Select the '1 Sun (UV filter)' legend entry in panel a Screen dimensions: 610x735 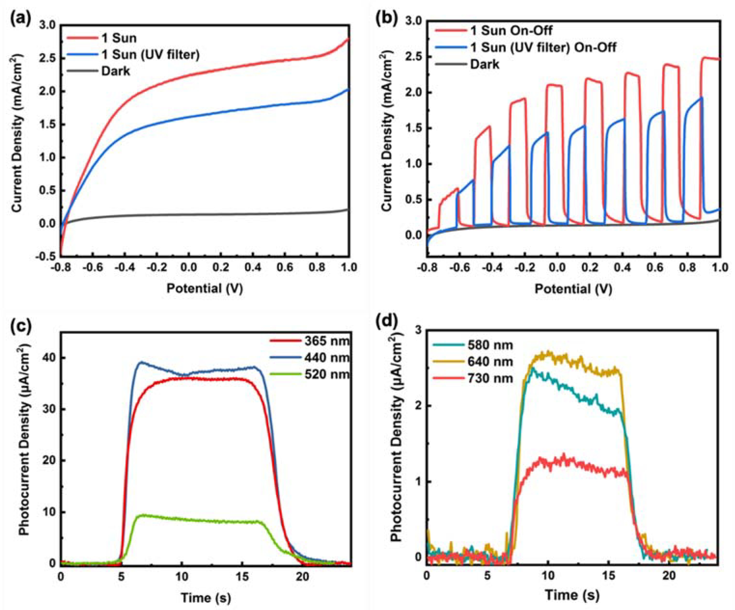(151, 55)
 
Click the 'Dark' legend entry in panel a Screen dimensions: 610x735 (116, 71)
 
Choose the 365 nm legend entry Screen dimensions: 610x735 (327, 341)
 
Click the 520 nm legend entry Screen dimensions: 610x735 (327, 374)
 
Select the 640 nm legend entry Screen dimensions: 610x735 (490, 362)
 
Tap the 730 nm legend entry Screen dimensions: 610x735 (490, 378)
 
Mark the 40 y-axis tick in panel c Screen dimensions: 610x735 (49, 358)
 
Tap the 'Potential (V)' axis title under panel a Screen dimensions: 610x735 (205, 288)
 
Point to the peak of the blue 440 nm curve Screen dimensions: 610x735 (141, 362)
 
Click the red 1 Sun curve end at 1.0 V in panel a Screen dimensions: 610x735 (349, 39)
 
